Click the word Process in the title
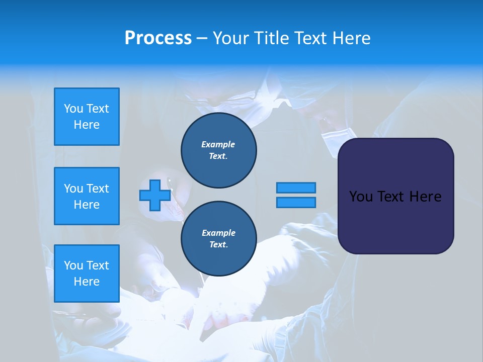pos(158,38)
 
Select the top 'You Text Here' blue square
pos(87,117)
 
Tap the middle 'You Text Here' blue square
pos(87,196)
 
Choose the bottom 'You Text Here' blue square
pos(87,274)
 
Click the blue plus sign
pos(155,195)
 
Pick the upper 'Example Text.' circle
pos(218,150)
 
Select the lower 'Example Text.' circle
pos(218,239)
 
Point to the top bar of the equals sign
pos(296,188)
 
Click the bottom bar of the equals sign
pos(296,202)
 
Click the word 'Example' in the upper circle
pos(218,144)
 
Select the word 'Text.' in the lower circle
pos(218,245)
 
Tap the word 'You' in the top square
pos(73,109)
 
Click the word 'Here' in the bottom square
pos(87,282)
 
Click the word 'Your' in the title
pos(231,38)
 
